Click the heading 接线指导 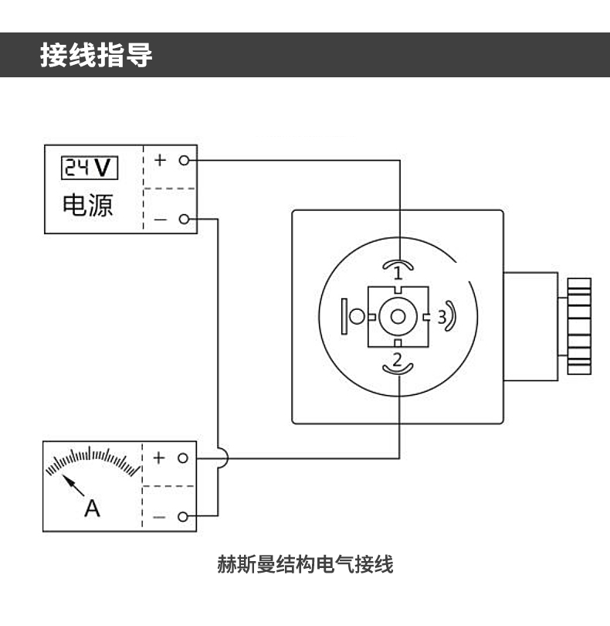(x=97, y=56)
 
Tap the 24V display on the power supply (x=90, y=166)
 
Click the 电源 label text (x=88, y=205)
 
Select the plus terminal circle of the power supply (x=184, y=161)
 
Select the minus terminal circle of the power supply (x=184, y=219)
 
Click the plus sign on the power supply (x=160, y=161)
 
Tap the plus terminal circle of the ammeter (x=183, y=458)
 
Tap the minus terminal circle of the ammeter (x=183, y=515)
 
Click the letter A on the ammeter (x=92, y=508)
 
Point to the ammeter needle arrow (x=73, y=485)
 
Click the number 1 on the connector (x=398, y=272)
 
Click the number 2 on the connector (x=397, y=359)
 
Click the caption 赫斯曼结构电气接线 (x=305, y=565)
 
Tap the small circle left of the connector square (x=358, y=316)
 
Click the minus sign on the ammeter (x=160, y=516)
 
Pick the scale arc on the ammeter (x=90, y=460)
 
